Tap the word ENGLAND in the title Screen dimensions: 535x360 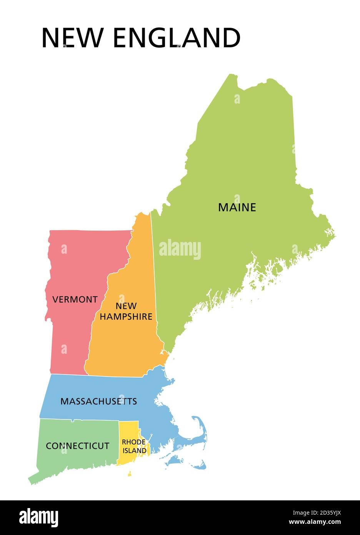tap(177, 38)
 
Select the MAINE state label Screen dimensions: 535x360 tap(237, 207)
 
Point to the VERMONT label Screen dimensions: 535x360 tap(75, 299)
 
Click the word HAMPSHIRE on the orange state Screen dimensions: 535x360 tap(126, 317)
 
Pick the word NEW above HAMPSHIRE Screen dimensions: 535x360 tap(126, 306)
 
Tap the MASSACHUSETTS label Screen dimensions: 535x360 tap(98, 401)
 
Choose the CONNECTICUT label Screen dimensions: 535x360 tap(78, 446)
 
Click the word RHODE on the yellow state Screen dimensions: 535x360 tap(133, 442)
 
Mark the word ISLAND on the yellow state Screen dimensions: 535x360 tap(134, 450)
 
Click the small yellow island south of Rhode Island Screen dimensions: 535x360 tap(129, 474)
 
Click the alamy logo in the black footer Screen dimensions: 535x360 tap(39, 518)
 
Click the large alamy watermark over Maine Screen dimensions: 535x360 tap(180, 249)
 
